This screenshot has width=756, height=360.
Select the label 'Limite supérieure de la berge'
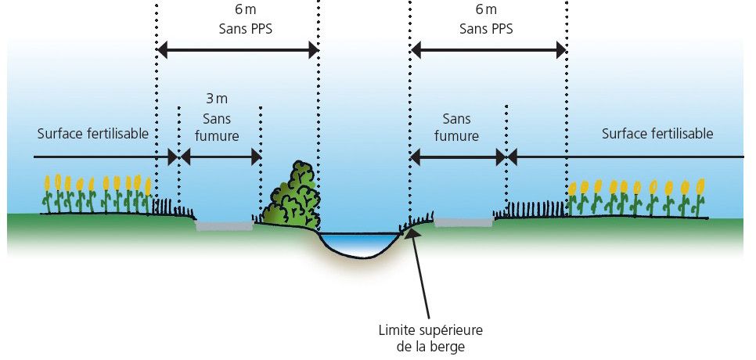(x=422, y=335)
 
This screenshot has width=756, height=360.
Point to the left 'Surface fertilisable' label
(x=92, y=133)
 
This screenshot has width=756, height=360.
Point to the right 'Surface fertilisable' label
(x=657, y=134)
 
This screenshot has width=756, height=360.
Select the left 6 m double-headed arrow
(x=238, y=52)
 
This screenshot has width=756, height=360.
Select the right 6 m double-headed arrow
(x=488, y=52)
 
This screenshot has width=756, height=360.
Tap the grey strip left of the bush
(x=224, y=226)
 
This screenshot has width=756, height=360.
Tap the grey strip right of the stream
(x=463, y=222)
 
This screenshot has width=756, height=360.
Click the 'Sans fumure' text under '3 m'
(x=218, y=127)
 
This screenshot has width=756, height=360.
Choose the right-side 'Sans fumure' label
(x=460, y=127)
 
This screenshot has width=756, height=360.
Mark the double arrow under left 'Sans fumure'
(x=221, y=157)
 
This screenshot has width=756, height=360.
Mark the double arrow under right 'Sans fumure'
(x=459, y=157)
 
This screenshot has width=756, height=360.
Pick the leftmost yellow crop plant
(x=48, y=193)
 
